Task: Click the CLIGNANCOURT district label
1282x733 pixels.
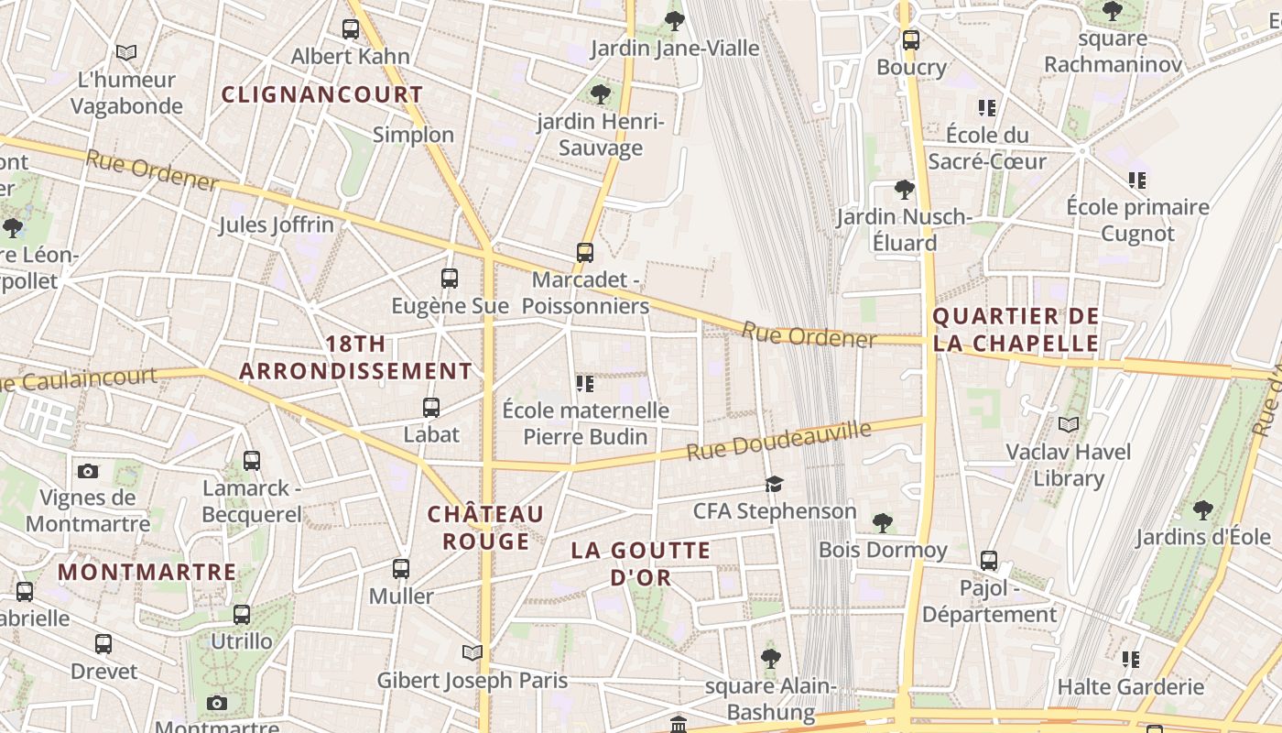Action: [x=322, y=94]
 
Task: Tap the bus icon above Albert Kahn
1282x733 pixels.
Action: [x=351, y=29]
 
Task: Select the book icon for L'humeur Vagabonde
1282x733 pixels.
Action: [x=126, y=53]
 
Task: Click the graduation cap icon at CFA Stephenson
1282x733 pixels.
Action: [x=775, y=484]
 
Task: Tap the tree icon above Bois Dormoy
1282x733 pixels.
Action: [x=883, y=523]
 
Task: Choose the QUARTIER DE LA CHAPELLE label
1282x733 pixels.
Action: [x=1015, y=330]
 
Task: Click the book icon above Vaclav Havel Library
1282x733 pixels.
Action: [x=1069, y=424]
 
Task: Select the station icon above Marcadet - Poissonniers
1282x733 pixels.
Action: [x=585, y=252]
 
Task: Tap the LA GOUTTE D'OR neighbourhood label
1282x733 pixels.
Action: [x=641, y=563]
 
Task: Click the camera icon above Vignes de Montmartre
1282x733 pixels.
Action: [x=88, y=471]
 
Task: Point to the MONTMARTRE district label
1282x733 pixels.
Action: [x=147, y=573]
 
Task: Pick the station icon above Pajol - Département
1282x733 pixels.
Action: [x=989, y=561]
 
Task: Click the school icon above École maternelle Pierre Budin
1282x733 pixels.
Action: [x=585, y=383]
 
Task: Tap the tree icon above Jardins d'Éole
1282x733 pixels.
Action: [x=1203, y=509]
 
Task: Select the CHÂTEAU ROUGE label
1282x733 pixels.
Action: [x=486, y=527]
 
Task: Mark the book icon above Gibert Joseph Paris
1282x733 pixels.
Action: [x=473, y=652]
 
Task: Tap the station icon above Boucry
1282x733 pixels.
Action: [x=911, y=40]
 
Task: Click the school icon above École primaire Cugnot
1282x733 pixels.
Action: [x=1137, y=181]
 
